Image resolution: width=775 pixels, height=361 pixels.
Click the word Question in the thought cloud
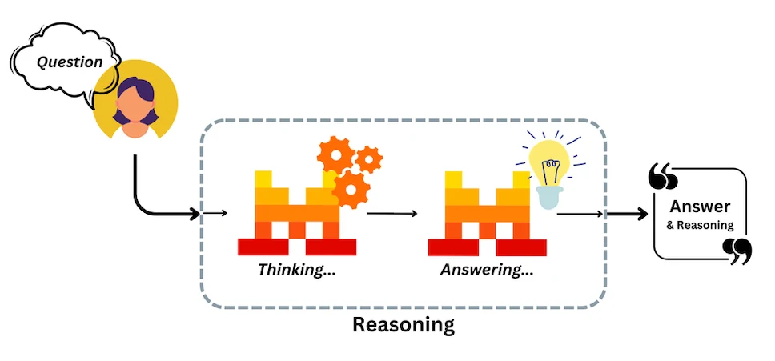pos(70,62)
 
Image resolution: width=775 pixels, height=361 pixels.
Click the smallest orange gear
pos(368,159)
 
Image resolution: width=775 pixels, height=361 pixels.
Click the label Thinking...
pos(296,270)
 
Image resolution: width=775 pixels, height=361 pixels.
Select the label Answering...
pos(487,270)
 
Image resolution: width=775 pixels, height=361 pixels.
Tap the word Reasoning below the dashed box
pos(404,324)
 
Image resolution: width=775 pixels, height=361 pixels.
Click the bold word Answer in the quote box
pos(700,207)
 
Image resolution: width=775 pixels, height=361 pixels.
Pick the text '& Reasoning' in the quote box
pos(700,225)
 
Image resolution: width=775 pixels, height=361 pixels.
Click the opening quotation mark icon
pos(663,177)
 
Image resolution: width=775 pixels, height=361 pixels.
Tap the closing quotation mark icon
pos(737,251)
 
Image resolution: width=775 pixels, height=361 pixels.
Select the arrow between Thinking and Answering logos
pos(392,214)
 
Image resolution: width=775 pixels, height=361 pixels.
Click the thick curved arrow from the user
pos(143,203)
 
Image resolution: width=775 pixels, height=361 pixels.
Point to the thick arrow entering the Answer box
pos(627,214)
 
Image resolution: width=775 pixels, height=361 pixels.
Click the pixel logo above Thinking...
pos(297,213)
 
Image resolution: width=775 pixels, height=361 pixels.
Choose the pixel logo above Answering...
pos(488,213)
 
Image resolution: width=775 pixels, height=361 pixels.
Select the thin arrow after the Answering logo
pos(580,214)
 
